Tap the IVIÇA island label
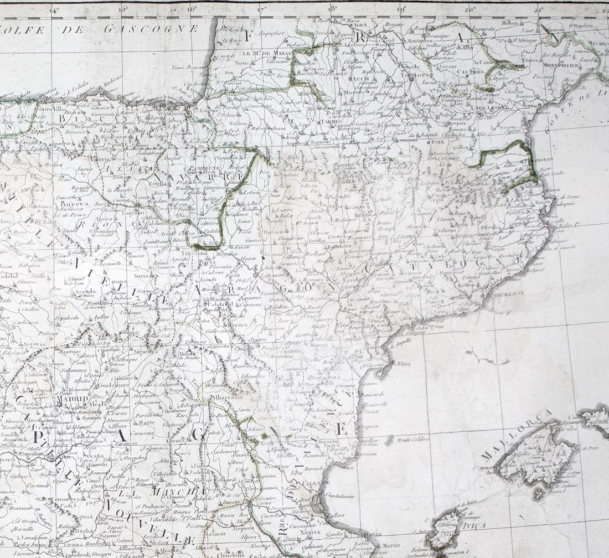click(474, 525)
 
